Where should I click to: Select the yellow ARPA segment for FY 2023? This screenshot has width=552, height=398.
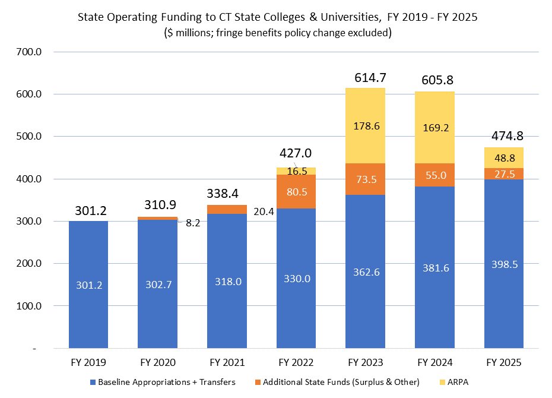point(366,126)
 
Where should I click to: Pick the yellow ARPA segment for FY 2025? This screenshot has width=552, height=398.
point(504,157)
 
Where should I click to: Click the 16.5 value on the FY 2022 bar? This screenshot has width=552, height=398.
point(297,171)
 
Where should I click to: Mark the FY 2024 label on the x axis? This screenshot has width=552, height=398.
point(434,362)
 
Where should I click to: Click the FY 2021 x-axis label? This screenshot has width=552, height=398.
point(227,362)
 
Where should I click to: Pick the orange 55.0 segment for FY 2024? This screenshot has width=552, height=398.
point(434,175)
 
